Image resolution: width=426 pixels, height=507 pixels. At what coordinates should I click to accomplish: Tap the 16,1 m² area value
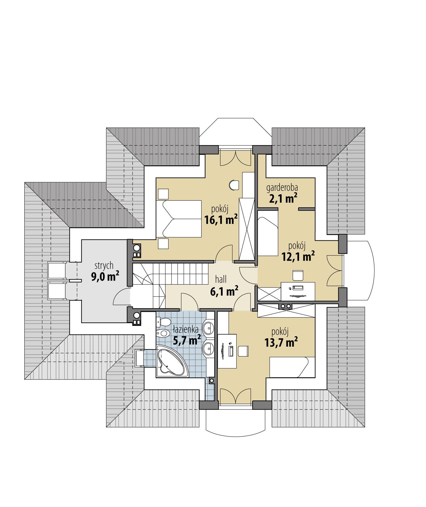221,220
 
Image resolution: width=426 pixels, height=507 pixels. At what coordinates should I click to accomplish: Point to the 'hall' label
221,280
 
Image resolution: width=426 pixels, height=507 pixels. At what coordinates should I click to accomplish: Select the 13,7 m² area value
281,342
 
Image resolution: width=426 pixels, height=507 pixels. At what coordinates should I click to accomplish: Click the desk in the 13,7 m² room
227,350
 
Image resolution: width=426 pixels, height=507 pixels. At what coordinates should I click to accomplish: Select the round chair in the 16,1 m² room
234,185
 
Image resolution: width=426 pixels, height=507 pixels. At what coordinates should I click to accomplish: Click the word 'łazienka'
185,329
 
